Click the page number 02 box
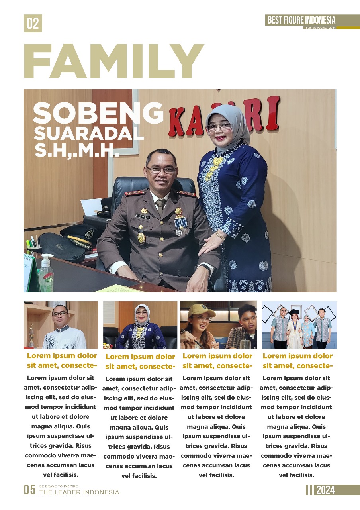click(x=33, y=24)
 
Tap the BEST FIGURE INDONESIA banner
click(x=301, y=20)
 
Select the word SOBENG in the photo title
click(x=98, y=113)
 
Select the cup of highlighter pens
click(x=33, y=247)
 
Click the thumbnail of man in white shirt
click(x=61, y=325)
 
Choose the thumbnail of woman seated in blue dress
click(x=140, y=325)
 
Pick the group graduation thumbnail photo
click(x=299, y=325)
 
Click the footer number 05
click(x=30, y=490)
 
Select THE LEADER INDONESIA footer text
click(x=79, y=492)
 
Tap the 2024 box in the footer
click(x=325, y=490)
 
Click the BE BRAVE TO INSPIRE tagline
click(x=59, y=486)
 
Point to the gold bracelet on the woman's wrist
click(x=221, y=236)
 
